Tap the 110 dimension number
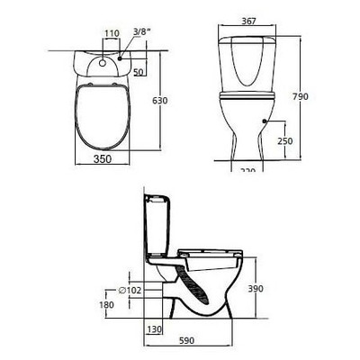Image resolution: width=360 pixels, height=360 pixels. click(x=111, y=33)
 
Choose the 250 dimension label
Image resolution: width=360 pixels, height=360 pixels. click(x=286, y=141)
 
